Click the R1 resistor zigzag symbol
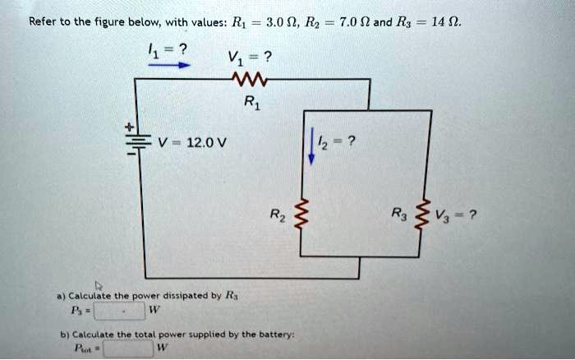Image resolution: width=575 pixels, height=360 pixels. point(247,79)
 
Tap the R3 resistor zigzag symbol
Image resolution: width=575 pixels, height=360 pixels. point(428,216)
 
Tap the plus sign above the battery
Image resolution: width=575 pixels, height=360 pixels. point(128,127)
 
